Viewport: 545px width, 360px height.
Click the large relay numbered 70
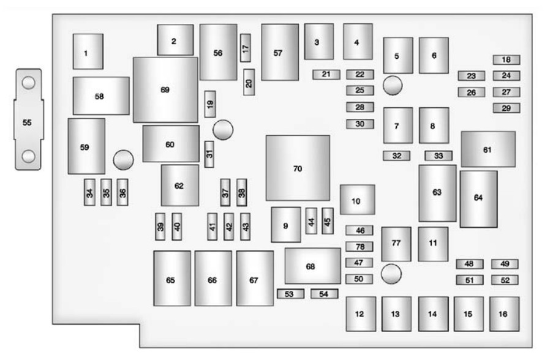pos(298,168)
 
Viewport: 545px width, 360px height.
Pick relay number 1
pos(88,52)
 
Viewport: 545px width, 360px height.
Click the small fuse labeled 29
pos(506,108)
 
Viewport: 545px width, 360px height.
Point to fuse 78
pos(359,247)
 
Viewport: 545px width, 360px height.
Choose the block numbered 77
pos(396,244)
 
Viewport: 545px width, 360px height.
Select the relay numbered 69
pos(165,89)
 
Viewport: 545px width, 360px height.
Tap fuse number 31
pos(209,153)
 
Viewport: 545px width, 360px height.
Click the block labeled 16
pos(504,314)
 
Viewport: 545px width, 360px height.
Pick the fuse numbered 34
pos(90,192)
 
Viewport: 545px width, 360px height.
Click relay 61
pos(488,149)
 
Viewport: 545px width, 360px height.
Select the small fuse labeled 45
pos(328,220)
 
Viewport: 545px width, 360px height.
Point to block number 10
pos(357,200)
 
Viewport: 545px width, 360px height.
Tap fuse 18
pos(506,60)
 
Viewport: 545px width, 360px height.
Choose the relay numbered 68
pos(312,266)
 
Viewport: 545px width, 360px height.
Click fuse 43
pos(246,226)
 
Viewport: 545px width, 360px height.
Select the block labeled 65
pos(171,279)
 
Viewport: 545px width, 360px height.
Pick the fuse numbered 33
pos(438,156)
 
